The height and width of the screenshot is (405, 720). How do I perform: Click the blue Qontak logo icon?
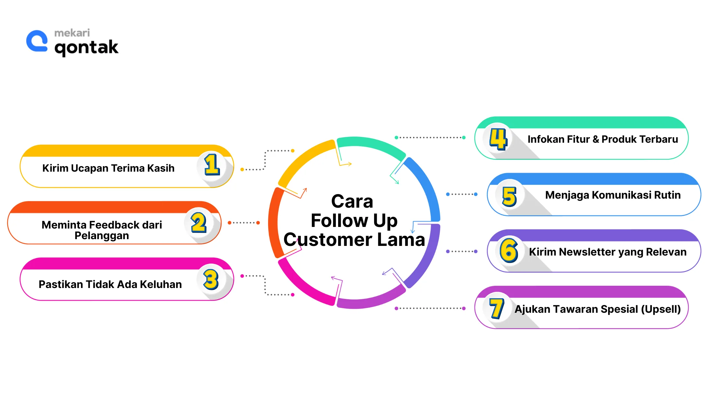pyautogui.click(x=37, y=41)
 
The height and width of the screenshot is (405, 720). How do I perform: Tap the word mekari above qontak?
pyautogui.click(x=72, y=33)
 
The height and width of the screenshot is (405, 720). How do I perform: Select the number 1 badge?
pyautogui.click(x=212, y=165)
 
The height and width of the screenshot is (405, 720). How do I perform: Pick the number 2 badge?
pyautogui.click(x=199, y=222)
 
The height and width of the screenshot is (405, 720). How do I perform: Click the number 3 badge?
pyautogui.click(x=211, y=279)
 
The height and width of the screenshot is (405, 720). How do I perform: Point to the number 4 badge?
pyautogui.click(x=498, y=139)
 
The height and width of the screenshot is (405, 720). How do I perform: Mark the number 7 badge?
pyautogui.click(x=497, y=308)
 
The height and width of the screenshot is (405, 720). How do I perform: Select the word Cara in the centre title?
pyautogui.click(x=352, y=202)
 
